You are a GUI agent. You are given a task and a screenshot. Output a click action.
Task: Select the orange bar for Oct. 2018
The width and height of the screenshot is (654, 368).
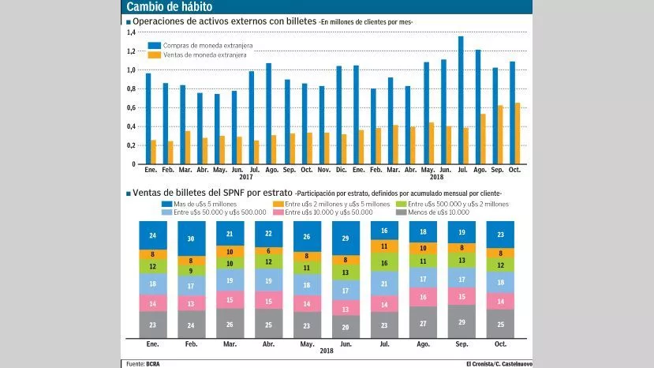pos(517,133)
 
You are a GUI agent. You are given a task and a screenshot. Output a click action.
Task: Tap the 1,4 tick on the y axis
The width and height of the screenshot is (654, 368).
pos(131,32)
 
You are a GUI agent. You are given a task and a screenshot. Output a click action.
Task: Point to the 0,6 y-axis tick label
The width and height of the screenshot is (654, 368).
pos(131,107)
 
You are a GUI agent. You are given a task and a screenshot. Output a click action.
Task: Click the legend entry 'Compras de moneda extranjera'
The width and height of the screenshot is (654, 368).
pos(192,45)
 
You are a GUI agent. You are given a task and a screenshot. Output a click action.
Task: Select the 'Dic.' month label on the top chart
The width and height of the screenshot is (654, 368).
pos(341,170)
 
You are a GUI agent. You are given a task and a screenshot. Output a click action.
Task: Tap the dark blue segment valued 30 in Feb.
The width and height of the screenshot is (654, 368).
pos(192,239)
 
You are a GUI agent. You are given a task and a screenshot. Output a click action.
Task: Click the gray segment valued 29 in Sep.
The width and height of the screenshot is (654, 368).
pos(462,322)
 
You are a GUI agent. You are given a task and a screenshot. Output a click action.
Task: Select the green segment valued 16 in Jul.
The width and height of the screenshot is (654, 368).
pos(384,264)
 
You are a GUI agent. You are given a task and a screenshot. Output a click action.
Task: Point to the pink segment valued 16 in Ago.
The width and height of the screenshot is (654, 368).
pos(423,297)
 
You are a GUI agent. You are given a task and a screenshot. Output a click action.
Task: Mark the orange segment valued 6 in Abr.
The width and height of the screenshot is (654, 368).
pos(268,251)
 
